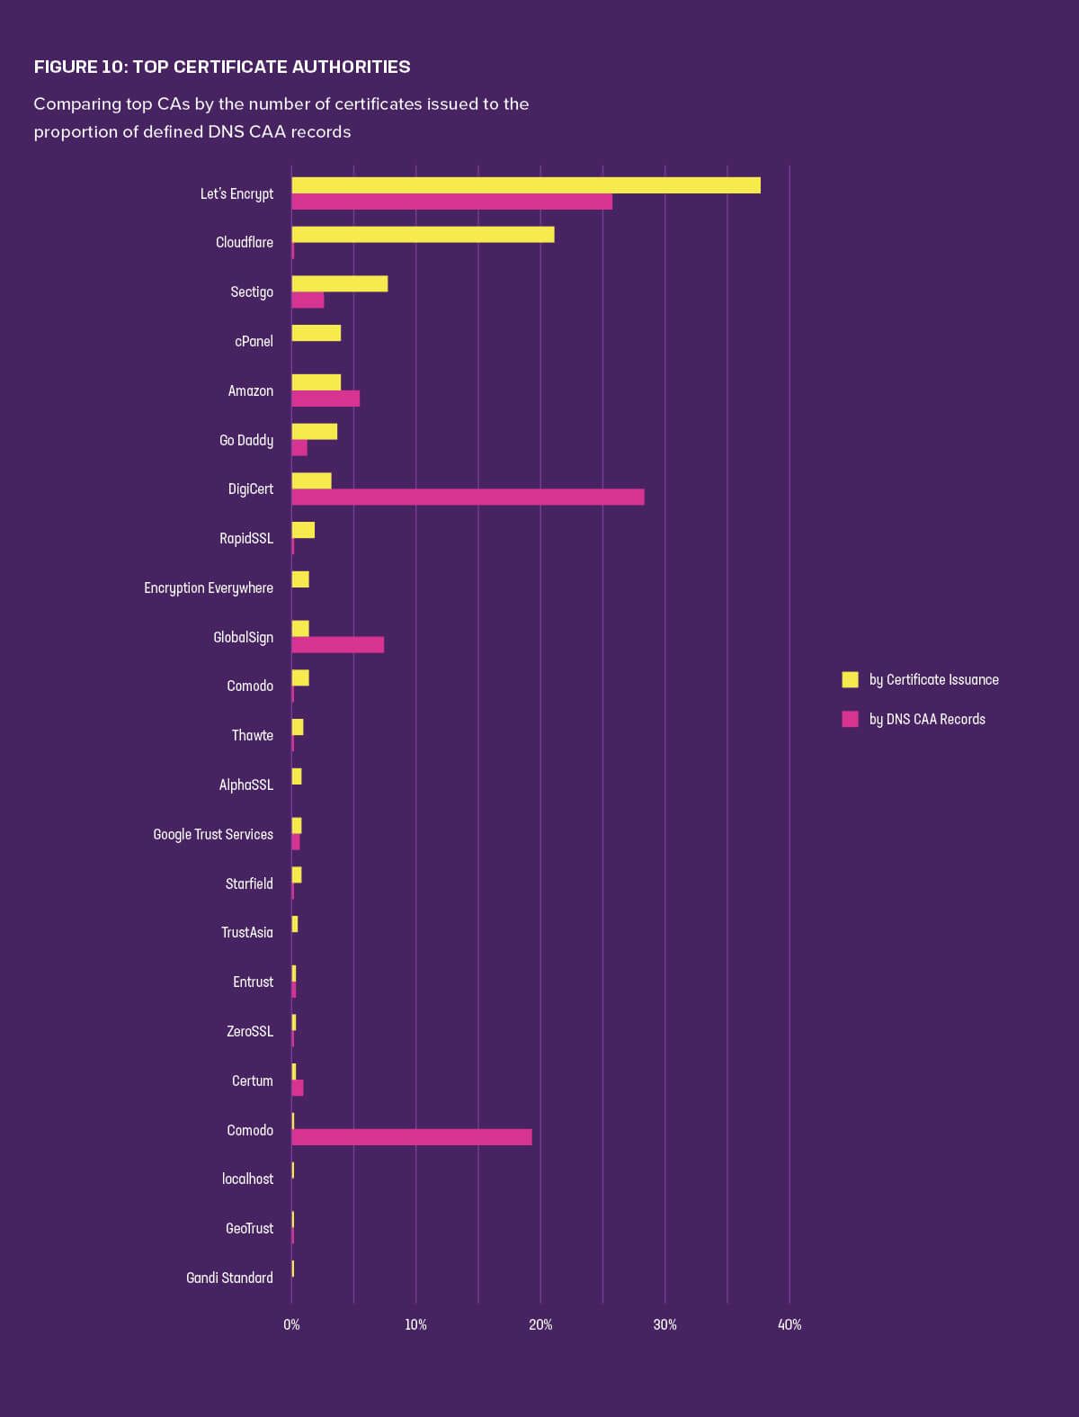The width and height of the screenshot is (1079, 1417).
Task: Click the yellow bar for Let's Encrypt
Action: (526, 185)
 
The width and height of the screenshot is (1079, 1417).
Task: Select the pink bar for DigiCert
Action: (468, 497)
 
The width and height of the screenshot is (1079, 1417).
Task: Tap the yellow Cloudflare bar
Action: (423, 235)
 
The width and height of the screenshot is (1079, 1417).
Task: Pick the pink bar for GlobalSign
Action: (338, 645)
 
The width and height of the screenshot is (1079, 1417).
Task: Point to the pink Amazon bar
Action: (325, 399)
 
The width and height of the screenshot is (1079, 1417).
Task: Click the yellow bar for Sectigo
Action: (340, 283)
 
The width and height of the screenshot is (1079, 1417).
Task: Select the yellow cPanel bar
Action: (317, 333)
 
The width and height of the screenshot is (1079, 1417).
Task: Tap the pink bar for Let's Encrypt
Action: (451, 202)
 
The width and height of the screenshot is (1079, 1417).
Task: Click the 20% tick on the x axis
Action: (540, 1324)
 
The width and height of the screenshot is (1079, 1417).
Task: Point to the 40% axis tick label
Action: (789, 1324)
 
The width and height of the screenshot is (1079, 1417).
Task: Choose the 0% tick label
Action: (291, 1324)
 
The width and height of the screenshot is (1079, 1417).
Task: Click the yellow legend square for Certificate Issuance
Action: (850, 679)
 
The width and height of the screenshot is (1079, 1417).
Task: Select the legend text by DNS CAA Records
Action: (927, 719)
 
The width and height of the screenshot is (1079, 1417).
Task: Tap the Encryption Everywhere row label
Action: (209, 587)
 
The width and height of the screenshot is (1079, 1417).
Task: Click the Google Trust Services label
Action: (213, 834)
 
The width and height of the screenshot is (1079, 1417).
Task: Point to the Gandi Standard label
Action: (229, 1278)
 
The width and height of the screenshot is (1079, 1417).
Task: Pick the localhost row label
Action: (247, 1179)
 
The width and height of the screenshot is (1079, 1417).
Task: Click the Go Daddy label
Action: (246, 440)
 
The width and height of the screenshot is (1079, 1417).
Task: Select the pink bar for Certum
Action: (298, 1088)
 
